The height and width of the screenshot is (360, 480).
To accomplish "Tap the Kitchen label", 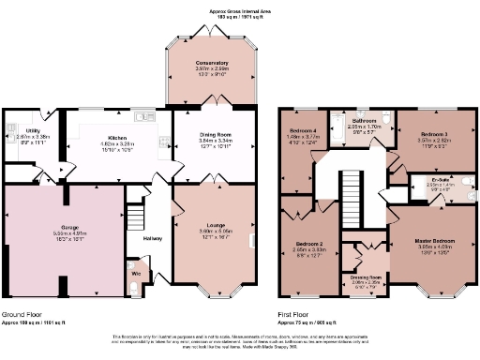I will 117,137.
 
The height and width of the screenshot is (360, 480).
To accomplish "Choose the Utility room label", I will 32,131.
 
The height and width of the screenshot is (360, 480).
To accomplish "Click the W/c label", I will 135,273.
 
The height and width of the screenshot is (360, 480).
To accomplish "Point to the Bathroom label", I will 364,122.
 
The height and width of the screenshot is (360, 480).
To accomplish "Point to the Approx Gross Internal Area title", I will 239,11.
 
